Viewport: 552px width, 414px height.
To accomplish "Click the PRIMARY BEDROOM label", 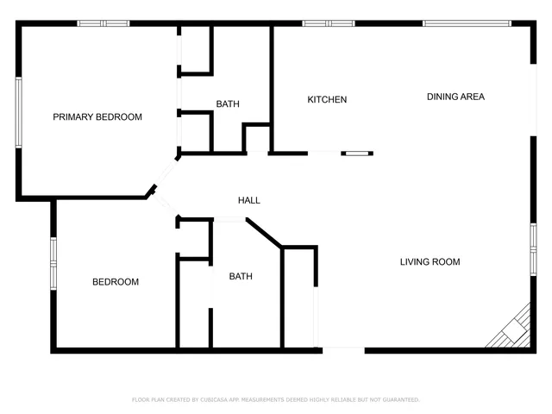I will click(x=97, y=116).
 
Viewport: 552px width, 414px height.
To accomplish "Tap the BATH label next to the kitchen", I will click(x=228, y=104).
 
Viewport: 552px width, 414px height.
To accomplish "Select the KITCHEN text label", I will click(x=327, y=100).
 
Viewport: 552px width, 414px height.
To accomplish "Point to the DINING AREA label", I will click(x=455, y=97).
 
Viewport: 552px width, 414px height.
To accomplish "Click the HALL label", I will click(x=249, y=200).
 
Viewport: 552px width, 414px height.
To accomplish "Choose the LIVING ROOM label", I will click(x=430, y=261).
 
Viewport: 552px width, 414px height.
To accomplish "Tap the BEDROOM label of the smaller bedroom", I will click(x=116, y=282).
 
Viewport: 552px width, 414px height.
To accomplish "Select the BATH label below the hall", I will click(x=241, y=277).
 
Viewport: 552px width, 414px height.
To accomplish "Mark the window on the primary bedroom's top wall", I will click(x=103, y=23).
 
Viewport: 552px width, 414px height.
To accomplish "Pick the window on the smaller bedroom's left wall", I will click(x=53, y=262).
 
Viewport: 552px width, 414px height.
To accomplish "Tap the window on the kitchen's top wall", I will click(x=329, y=23).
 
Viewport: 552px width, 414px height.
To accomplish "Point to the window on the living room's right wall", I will click(x=533, y=249).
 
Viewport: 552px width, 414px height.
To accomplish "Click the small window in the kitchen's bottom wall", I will click(x=355, y=154).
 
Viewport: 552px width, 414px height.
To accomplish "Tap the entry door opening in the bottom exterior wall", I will click(x=343, y=349).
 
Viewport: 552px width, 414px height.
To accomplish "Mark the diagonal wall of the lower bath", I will click(x=264, y=233).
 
